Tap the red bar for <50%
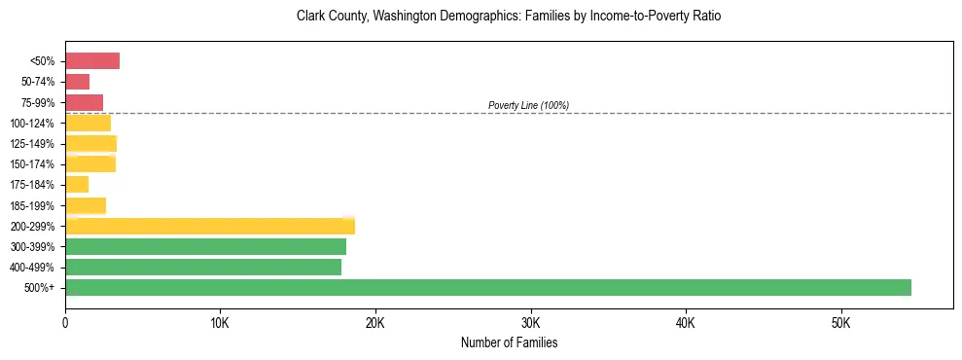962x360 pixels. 92,61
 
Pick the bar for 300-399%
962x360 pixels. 205,246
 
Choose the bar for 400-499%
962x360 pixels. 203,267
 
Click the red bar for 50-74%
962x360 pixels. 78,82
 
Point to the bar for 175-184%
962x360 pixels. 77,184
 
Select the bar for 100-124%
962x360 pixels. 88,123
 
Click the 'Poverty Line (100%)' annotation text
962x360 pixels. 528,105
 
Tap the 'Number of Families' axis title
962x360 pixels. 509,343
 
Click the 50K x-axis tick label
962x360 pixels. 841,322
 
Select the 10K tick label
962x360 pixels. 221,322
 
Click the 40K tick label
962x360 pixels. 686,322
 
